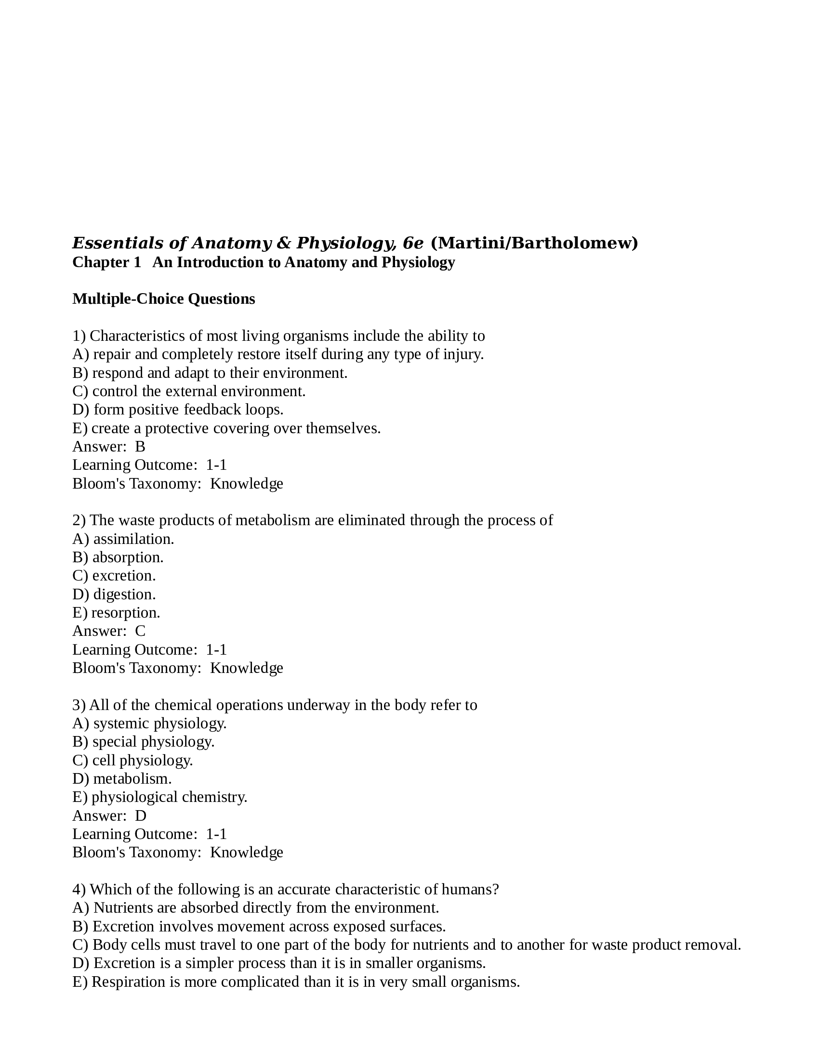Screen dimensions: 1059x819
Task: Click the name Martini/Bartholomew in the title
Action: click(x=534, y=243)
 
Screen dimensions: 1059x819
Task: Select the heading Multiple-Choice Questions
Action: click(x=163, y=299)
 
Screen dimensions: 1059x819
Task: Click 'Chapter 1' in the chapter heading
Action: click(x=107, y=262)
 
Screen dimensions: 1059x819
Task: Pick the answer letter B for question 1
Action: click(x=140, y=447)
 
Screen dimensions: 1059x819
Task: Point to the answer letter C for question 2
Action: click(x=140, y=631)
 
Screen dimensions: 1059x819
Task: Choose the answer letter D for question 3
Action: click(x=141, y=815)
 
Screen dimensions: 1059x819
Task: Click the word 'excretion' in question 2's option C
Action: click(x=124, y=576)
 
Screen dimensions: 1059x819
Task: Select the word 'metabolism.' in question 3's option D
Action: click(x=132, y=779)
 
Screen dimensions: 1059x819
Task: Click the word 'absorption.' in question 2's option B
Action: click(x=128, y=557)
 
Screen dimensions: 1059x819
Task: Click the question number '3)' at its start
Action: click(x=79, y=705)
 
